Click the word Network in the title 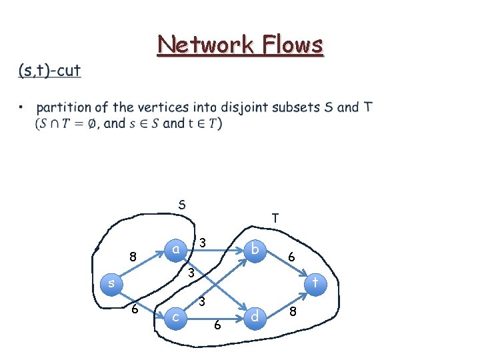point(201,45)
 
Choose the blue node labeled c point(175,317)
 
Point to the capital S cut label point(182,204)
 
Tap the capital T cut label point(275,218)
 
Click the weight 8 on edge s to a point(133,256)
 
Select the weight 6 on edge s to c point(135,309)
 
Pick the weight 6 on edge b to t point(291,256)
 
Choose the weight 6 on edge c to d point(217,325)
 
